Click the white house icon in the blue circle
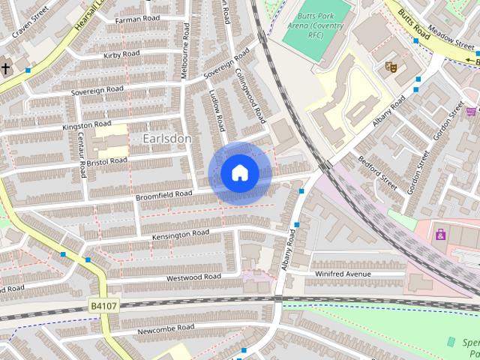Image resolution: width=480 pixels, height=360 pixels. [x=239, y=172]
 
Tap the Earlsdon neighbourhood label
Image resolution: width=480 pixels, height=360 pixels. [x=166, y=139]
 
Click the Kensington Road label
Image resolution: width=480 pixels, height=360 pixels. [x=181, y=235]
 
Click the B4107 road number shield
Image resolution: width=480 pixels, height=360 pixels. [x=103, y=306]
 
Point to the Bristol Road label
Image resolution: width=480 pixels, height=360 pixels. [x=107, y=160]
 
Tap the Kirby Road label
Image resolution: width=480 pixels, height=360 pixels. [x=122, y=54]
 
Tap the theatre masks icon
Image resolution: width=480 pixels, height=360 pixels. [x=389, y=66]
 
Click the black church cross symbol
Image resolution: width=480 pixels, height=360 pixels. [x=6, y=68]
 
